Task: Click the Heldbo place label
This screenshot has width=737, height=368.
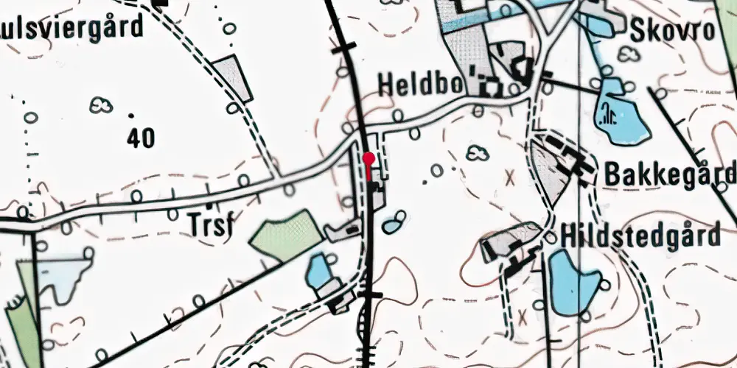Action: tap(419, 84)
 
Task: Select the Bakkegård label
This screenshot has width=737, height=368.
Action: tap(669, 175)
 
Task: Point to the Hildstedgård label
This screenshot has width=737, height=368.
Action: tap(640, 237)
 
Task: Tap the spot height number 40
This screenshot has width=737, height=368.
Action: tap(140, 138)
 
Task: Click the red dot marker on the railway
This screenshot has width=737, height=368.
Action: tap(369, 157)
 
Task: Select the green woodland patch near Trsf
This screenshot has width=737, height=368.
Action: tap(286, 235)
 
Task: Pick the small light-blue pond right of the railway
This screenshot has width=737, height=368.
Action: tap(395, 220)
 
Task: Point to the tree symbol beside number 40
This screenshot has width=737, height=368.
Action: tap(101, 105)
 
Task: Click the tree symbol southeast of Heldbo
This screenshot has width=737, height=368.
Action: tap(478, 153)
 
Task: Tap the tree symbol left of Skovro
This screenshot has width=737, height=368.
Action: tap(628, 53)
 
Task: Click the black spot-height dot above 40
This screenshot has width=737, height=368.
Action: tap(131, 115)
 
